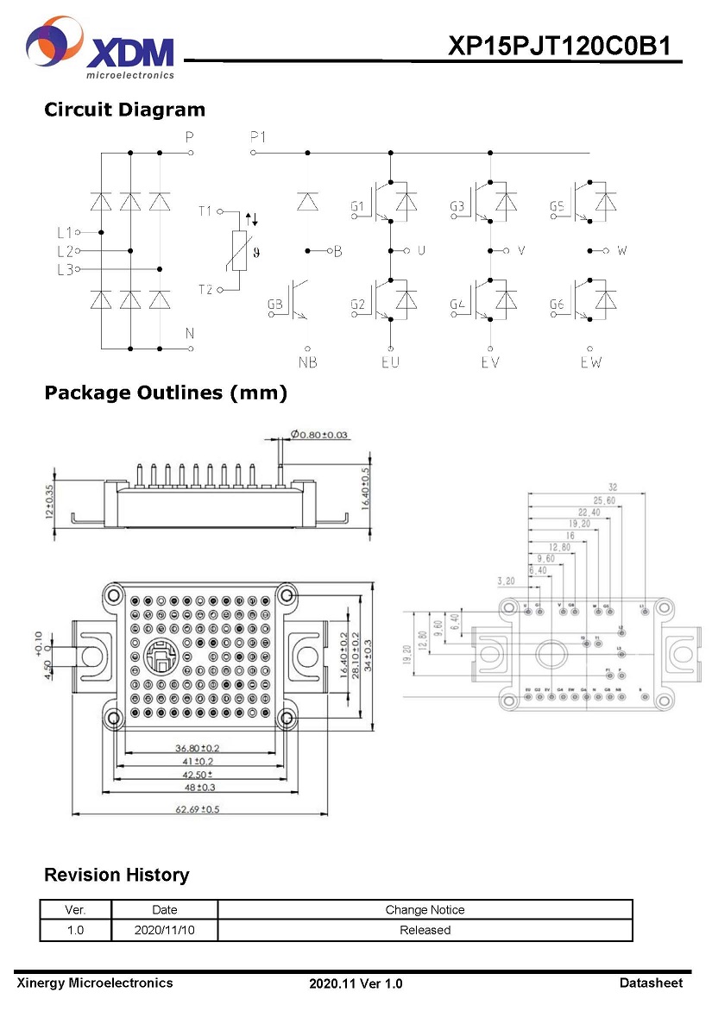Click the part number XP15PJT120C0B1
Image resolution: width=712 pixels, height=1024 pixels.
[x=558, y=47]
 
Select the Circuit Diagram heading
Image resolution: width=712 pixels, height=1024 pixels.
[x=124, y=110]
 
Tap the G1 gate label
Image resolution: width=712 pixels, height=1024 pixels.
[x=358, y=207]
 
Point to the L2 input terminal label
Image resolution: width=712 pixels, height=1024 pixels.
[x=65, y=251]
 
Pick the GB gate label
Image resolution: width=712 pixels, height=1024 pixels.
[x=275, y=305]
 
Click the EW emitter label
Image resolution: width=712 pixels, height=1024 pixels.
[x=590, y=362]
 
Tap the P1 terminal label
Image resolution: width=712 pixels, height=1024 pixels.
[x=258, y=136]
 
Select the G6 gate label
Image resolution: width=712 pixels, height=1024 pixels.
[x=558, y=305]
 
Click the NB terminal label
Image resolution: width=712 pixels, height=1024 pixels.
[x=308, y=362]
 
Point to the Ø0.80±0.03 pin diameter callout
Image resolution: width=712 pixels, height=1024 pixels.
[x=319, y=435]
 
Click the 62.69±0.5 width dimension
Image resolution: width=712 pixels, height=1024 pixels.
[x=198, y=809]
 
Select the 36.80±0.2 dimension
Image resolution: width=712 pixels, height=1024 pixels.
[x=197, y=748]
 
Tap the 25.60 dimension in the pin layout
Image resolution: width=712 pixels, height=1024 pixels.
[x=604, y=499]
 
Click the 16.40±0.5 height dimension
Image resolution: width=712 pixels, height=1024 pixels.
[x=365, y=487]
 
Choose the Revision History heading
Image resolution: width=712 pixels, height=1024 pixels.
[x=117, y=875]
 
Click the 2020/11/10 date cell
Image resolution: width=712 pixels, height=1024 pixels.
[x=164, y=930]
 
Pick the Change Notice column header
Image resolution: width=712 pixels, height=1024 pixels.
[x=425, y=909]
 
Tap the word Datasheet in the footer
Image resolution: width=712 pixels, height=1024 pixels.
[x=651, y=983]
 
